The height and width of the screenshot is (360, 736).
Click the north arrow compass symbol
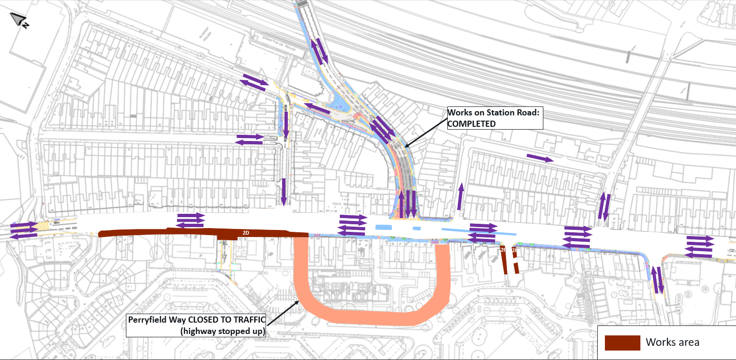click(19, 19)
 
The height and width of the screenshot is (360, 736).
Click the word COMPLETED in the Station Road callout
click(471, 123)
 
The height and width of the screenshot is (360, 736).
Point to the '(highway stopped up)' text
click(222, 331)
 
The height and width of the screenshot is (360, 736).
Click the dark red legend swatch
click(622, 342)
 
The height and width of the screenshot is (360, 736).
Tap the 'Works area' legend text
click(673, 342)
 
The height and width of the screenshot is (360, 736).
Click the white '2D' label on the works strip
click(246, 233)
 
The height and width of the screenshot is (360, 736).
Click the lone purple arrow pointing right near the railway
click(540, 158)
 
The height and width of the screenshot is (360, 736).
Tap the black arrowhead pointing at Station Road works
click(406, 145)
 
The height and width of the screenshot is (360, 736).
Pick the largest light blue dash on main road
click(383, 228)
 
